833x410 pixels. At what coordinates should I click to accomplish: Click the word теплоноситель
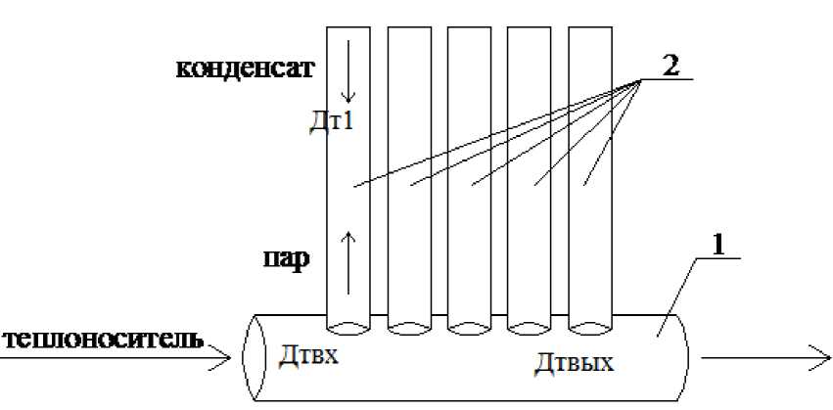click(104, 342)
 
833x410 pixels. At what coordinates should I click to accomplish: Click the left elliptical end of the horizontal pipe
click(253, 357)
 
